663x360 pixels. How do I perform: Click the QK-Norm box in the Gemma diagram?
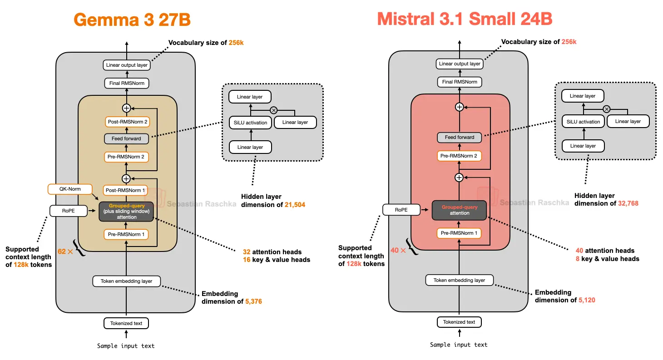pyautogui.click(x=70, y=188)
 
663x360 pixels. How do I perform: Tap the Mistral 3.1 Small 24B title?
pyautogui.click(x=465, y=19)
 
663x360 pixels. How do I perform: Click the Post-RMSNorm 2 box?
pyautogui.click(x=128, y=122)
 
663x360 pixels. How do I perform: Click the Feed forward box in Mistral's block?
pyautogui.click(x=460, y=137)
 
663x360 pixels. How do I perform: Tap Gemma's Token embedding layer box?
pyautogui.click(x=127, y=281)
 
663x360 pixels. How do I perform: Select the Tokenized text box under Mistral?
pyautogui.click(x=459, y=322)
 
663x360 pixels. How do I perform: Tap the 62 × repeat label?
pyautogui.click(x=65, y=251)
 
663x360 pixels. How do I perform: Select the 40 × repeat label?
pyautogui.click(x=398, y=250)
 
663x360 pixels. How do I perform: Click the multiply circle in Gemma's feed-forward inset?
pyautogui.click(x=273, y=110)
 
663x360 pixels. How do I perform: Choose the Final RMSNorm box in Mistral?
pyautogui.click(x=460, y=82)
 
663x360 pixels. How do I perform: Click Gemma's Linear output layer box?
pyautogui.click(x=127, y=65)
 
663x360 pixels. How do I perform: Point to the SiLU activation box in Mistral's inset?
pyautogui.click(x=583, y=122)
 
